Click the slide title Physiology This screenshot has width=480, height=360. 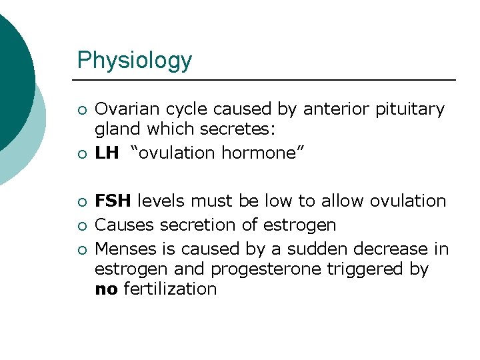134,60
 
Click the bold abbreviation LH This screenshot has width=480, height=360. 107,153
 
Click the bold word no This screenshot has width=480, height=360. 106,289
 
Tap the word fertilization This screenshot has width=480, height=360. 169,289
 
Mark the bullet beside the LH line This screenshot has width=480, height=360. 81,154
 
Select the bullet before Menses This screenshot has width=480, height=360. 81,250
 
